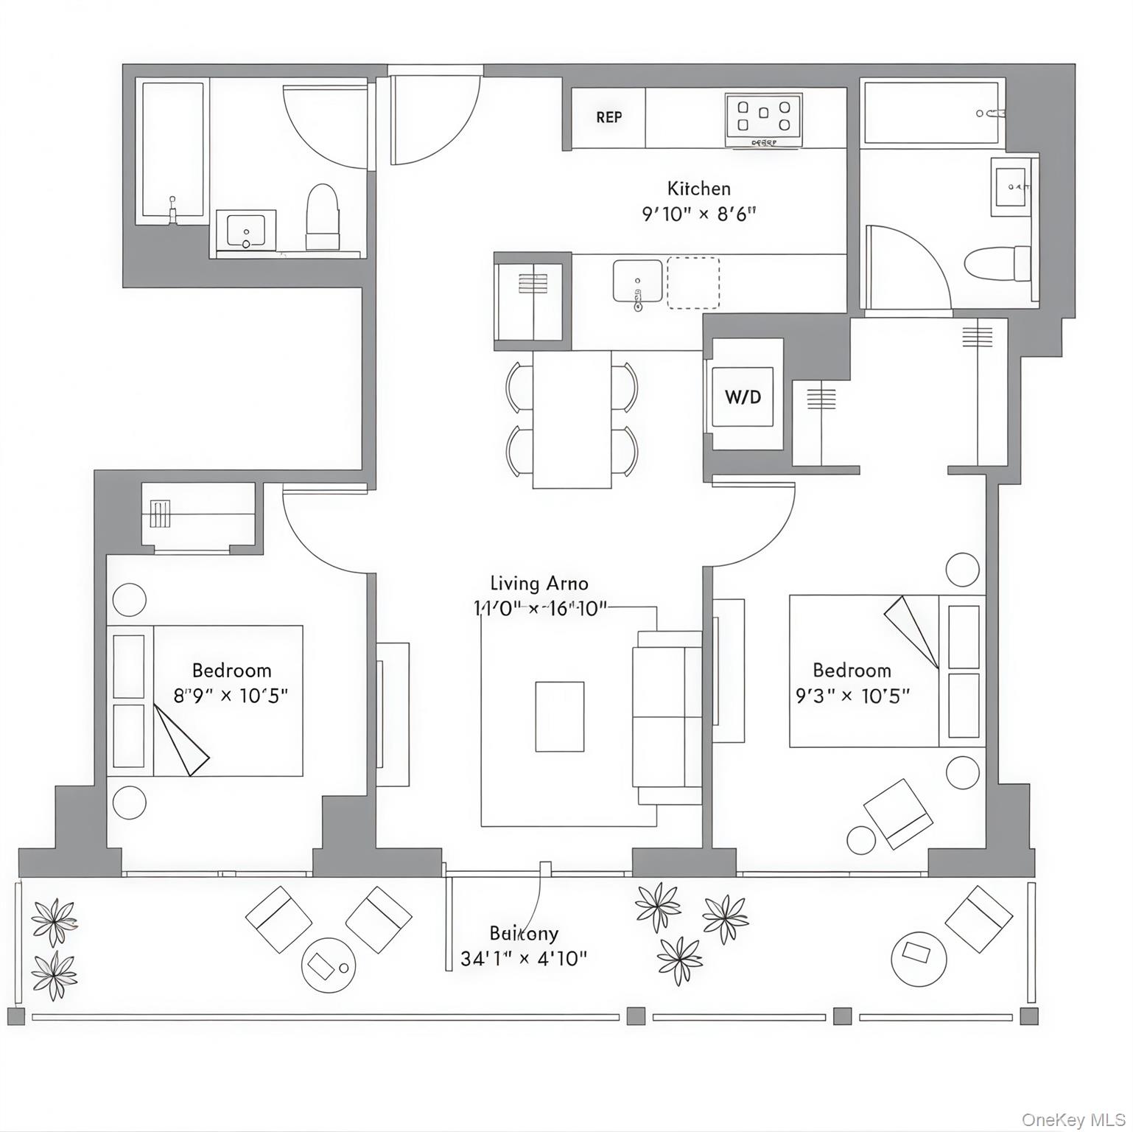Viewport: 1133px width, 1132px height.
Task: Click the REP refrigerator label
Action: pos(608,117)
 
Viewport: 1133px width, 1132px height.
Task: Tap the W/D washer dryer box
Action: pos(743,397)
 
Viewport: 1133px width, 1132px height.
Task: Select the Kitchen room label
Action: pos(698,188)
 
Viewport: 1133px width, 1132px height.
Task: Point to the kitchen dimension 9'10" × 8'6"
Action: pos(698,214)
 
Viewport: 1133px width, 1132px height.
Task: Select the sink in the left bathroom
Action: pos(246,231)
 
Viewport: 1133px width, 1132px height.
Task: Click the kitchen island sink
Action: pos(637,281)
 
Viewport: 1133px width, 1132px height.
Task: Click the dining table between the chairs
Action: pos(572,419)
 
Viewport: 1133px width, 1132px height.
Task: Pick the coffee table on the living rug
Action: pos(559,716)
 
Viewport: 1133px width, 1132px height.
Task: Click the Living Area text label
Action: pos(539,584)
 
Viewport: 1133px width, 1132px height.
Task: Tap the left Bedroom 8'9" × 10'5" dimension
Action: pos(230,695)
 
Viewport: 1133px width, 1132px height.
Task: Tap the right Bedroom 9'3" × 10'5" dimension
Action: pos(852,695)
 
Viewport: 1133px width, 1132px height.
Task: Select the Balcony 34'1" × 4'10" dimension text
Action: pos(524,959)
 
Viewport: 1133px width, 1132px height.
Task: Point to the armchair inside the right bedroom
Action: pos(898,813)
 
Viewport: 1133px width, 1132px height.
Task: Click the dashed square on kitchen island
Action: pos(693,283)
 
